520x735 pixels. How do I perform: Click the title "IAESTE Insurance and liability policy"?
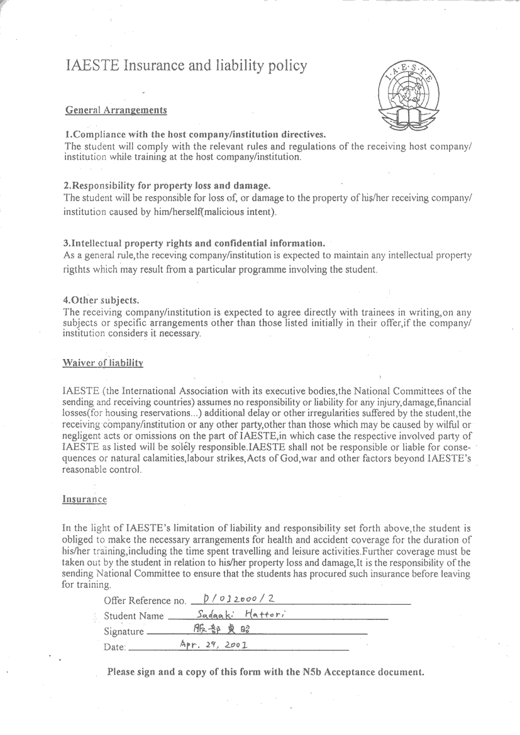186,65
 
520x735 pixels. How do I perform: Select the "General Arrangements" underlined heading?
116,111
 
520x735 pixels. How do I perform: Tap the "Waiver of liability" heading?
102,363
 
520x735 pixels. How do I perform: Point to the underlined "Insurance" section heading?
84,499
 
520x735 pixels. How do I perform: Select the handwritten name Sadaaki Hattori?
241,614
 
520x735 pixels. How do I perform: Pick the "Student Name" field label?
133,616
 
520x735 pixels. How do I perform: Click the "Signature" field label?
123,631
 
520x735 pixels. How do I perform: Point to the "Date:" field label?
114,647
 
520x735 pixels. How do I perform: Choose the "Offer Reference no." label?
145,601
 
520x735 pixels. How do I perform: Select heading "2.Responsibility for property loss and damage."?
167,185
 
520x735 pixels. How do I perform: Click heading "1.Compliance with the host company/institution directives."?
196,135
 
